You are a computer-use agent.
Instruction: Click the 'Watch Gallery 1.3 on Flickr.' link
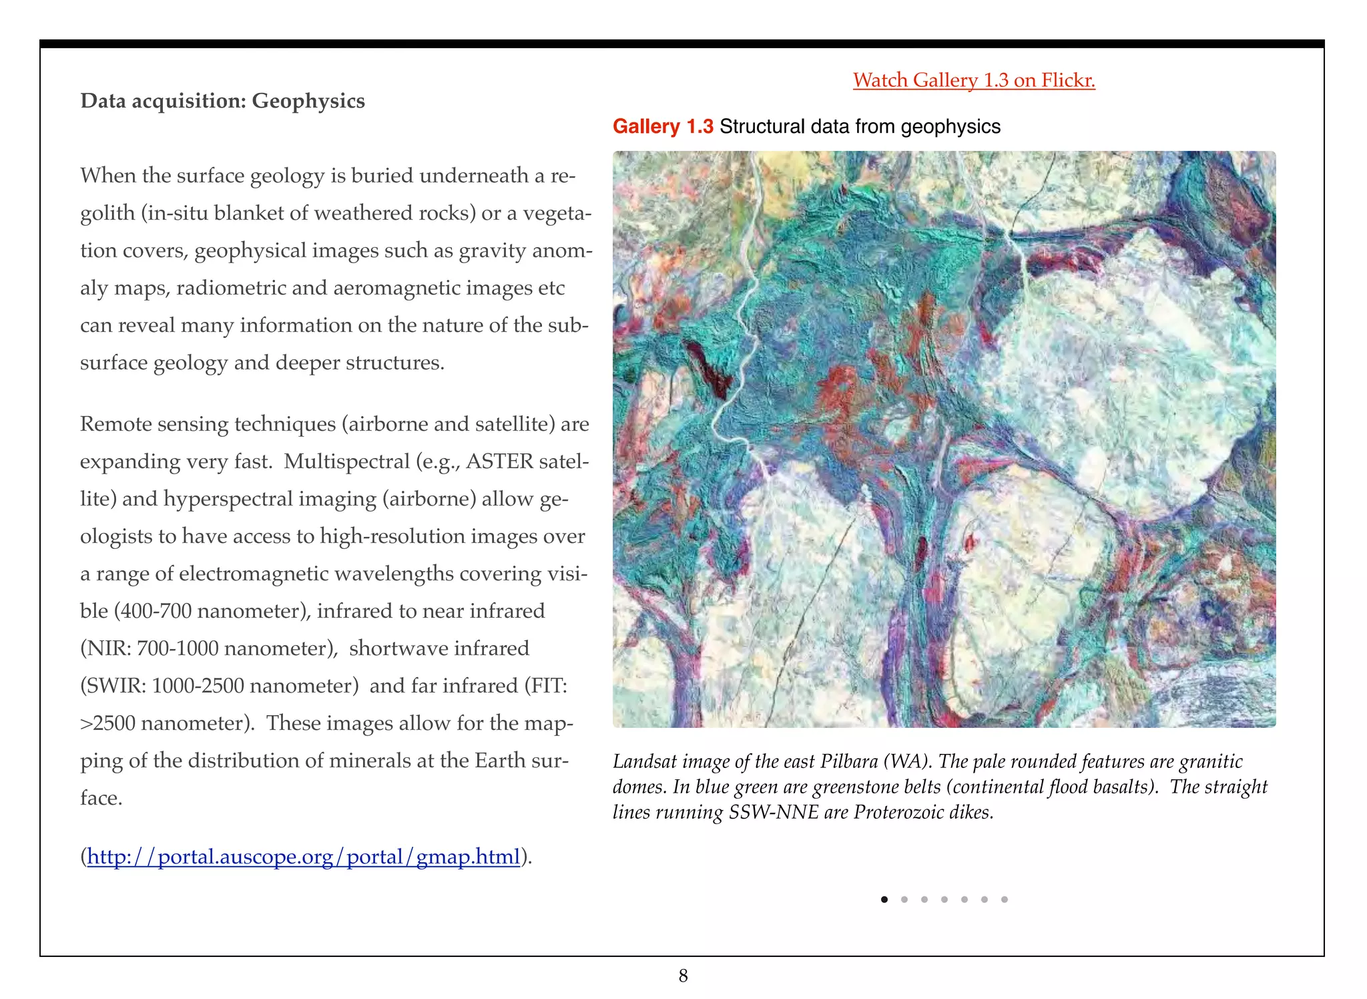(x=974, y=80)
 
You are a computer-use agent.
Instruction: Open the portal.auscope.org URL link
(x=303, y=856)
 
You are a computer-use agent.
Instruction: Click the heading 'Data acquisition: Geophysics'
(x=222, y=101)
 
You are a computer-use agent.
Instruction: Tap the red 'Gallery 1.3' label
(x=663, y=126)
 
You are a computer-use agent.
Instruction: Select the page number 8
(x=683, y=976)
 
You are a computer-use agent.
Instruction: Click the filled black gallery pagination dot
(x=884, y=900)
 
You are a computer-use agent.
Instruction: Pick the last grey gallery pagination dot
(x=1005, y=900)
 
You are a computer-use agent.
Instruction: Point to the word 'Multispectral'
(x=346, y=461)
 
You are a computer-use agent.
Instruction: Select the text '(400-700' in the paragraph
(x=152, y=611)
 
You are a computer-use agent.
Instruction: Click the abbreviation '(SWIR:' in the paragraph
(x=113, y=686)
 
